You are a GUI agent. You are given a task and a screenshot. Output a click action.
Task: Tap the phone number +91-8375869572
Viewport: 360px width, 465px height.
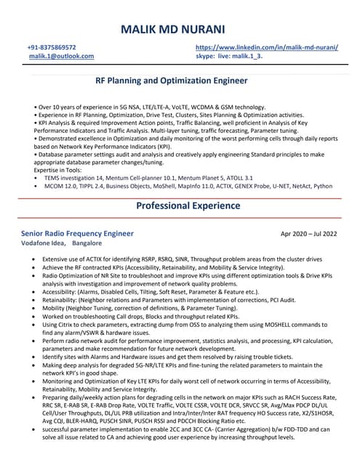(52, 46)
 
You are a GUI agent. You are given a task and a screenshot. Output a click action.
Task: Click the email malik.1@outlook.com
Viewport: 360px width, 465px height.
(61, 56)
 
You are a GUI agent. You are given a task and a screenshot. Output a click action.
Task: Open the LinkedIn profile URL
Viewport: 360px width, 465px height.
(267, 46)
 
